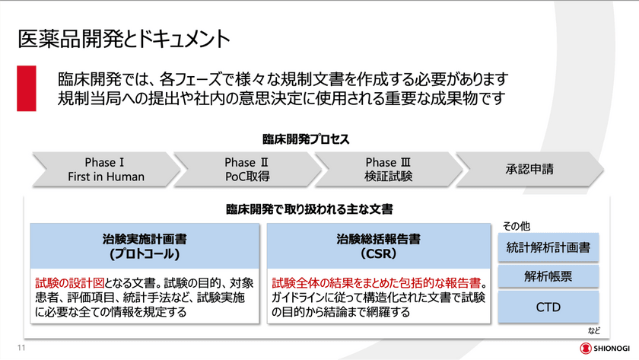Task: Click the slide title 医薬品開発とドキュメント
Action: pos(123,37)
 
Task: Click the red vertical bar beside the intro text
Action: pos(27,88)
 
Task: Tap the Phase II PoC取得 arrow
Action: pos(246,169)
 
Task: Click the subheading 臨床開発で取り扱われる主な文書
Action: pos(309,208)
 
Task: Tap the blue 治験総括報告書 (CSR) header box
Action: pos(377,244)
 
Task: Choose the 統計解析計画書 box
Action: pos(548,247)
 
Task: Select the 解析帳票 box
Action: pos(548,276)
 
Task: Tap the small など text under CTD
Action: pos(594,331)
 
